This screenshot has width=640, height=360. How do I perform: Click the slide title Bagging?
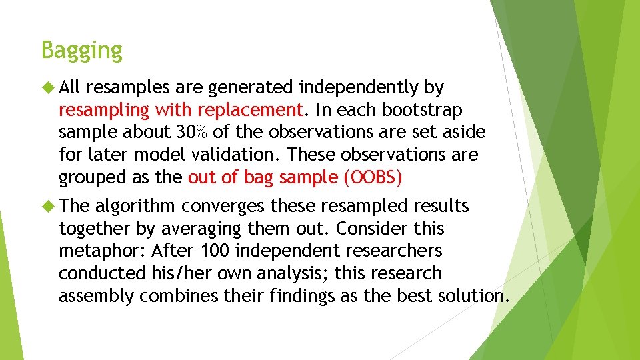click(x=81, y=51)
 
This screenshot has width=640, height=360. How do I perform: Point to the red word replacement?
click(x=256, y=110)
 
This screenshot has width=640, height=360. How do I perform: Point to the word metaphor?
click(x=102, y=251)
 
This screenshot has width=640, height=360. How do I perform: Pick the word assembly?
click(x=96, y=297)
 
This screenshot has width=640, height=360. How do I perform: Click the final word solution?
click(x=473, y=297)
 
